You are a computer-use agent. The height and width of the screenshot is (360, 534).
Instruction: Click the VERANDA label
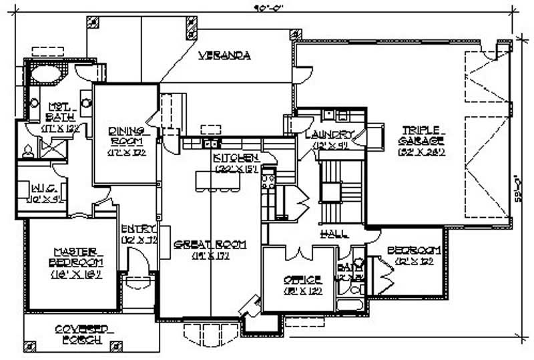(224, 55)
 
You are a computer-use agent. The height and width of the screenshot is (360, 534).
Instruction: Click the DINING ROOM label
(127, 141)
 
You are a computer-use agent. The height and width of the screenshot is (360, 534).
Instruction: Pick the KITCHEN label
(235, 162)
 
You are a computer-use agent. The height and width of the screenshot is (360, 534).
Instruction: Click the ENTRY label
(138, 233)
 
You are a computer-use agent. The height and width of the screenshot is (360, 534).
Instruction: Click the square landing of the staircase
(330, 192)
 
